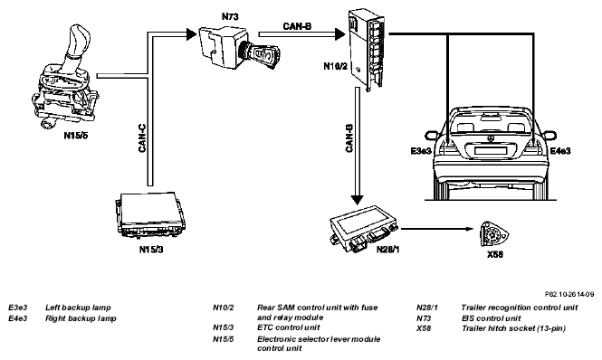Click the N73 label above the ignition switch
coord(230,16)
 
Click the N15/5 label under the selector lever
coord(76,135)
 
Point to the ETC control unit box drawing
coord(150,214)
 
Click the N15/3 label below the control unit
coord(151,249)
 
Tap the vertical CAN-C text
coord(142,138)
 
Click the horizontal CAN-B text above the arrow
coord(297,26)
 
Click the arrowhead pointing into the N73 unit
coord(191,34)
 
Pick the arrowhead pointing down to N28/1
coord(357,200)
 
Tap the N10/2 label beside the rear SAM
coord(335,66)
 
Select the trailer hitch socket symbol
coord(494,233)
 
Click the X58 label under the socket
coord(495,254)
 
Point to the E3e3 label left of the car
coord(421,151)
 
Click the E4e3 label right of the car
coord(560,151)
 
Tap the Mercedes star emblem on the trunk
coord(491,137)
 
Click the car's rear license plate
coord(491,149)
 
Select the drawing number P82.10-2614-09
coord(569,294)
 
